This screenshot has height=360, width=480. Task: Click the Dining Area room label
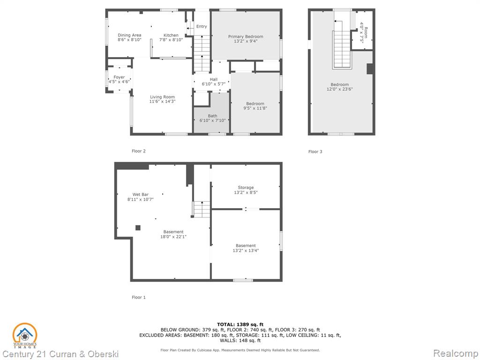pyautogui.click(x=129, y=35)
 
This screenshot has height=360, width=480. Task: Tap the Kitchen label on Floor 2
pyautogui.click(x=171, y=35)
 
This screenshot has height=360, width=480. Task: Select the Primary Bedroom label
pyautogui.click(x=246, y=37)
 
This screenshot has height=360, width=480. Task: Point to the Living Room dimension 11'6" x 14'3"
pyautogui.click(x=162, y=101)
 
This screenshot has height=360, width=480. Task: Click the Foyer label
pyautogui.click(x=119, y=77)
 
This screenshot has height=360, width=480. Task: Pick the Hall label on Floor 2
pyautogui.click(x=214, y=79)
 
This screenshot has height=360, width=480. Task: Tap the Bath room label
pyautogui.click(x=212, y=116)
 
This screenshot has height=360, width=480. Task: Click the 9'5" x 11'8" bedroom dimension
pyautogui.click(x=255, y=108)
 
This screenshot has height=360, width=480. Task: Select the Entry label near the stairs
pyautogui.click(x=202, y=26)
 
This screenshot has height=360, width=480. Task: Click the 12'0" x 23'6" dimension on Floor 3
pyautogui.click(x=339, y=89)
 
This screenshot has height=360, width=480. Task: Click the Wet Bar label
pyautogui.click(x=141, y=195)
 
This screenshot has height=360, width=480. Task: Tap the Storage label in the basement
pyautogui.click(x=246, y=187)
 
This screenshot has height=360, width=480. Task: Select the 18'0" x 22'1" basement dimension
pyautogui.click(x=173, y=237)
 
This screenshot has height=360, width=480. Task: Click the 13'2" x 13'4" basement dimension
pyautogui.click(x=246, y=250)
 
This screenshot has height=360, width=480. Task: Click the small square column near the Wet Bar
pyautogui.click(x=138, y=228)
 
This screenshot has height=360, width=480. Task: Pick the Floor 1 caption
pyautogui.click(x=139, y=297)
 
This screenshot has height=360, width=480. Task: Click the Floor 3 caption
pyautogui.click(x=315, y=151)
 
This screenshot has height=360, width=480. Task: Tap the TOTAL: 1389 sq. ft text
pyautogui.click(x=240, y=324)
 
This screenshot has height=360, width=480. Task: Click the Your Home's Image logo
pyautogui.click(x=25, y=336)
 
